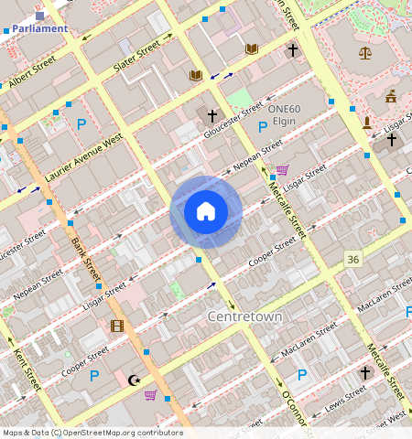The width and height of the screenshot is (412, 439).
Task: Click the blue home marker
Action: [x=206, y=212]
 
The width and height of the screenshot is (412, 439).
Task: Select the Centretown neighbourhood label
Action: [x=244, y=316]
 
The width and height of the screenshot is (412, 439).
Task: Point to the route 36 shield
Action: [x=352, y=261]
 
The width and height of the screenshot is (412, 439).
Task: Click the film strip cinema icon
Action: [x=116, y=326]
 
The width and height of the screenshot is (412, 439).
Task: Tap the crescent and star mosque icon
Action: [x=135, y=380]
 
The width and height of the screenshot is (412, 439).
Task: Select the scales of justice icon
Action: [x=366, y=53]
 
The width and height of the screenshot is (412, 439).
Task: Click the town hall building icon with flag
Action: [x=391, y=95]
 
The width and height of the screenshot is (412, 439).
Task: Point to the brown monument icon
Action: [x=367, y=122]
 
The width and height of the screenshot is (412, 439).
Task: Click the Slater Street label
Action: [x=136, y=55]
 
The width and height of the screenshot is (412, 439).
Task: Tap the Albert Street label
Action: [x=33, y=72]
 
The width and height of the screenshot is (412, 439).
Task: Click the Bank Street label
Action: [x=85, y=260]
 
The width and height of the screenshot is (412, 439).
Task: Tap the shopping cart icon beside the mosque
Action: [x=150, y=395]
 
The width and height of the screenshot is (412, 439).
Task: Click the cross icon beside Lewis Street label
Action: [x=364, y=373]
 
